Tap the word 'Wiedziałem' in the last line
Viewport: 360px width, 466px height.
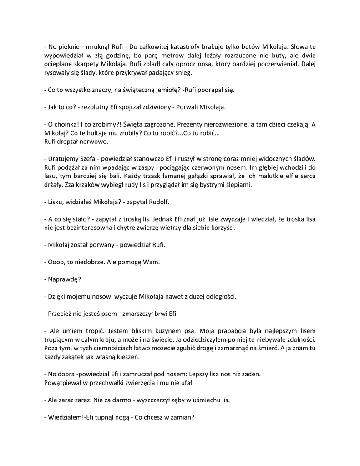pyautogui.click(x=65, y=418)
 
